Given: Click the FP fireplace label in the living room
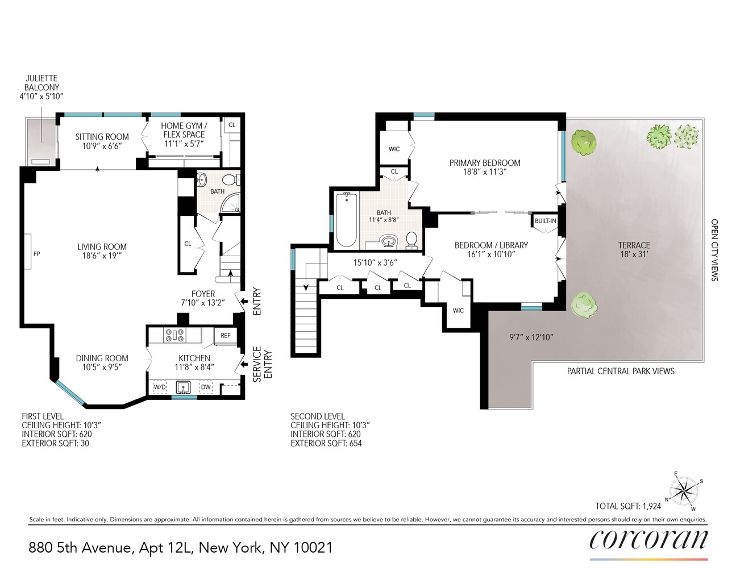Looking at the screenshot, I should pyautogui.click(x=37, y=254).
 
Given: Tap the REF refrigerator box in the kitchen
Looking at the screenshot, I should pyautogui.click(x=226, y=336).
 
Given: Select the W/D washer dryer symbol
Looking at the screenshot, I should pyautogui.click(x=160, y=387).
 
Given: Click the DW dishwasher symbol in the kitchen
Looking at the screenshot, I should pyautogui.click(x=206, y=387).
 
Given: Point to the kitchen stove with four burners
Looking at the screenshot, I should pyautogui.click(x=174, y=336).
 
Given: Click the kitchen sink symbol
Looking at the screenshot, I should pyautogui.click(x=183, y=387).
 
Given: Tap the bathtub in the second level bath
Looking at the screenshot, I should pyautogui.click(x=346, y=220).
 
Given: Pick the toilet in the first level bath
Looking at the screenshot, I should pyautogui.click(x=230, y=180).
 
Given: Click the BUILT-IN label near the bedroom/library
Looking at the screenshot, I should pyautogui.click(x=545, y=221).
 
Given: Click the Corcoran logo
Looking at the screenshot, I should pyautogui.click(x=648, y=540).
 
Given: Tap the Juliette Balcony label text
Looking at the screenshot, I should pyautogui.click(x=41, y=87).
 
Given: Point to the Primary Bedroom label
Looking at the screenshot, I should pyautogui.click(x=485, y=167).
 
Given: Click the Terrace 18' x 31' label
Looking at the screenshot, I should pyautogui.click(x=634, y=249).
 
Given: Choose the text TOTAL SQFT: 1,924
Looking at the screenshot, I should pyautogui.click(x=628, y=506).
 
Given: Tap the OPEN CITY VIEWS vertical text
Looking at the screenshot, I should pyautogui.click(x=714, y=250).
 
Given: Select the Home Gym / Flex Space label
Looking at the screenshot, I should pyautogui.click(x=184, y=135).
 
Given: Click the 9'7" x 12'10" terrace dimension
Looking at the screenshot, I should pyautogui.click(x=531, y=337).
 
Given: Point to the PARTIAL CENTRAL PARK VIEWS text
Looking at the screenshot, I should pyautogui.click(x=621, y=371).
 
